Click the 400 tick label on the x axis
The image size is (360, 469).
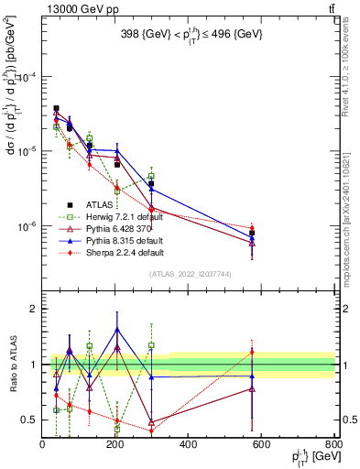[189, 446]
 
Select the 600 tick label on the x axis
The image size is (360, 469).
[262, 446]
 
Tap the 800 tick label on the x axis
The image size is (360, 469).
[334, 446]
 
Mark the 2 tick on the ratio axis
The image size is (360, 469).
[33, 309]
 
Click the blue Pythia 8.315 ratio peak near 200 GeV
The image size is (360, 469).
[116, 329]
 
